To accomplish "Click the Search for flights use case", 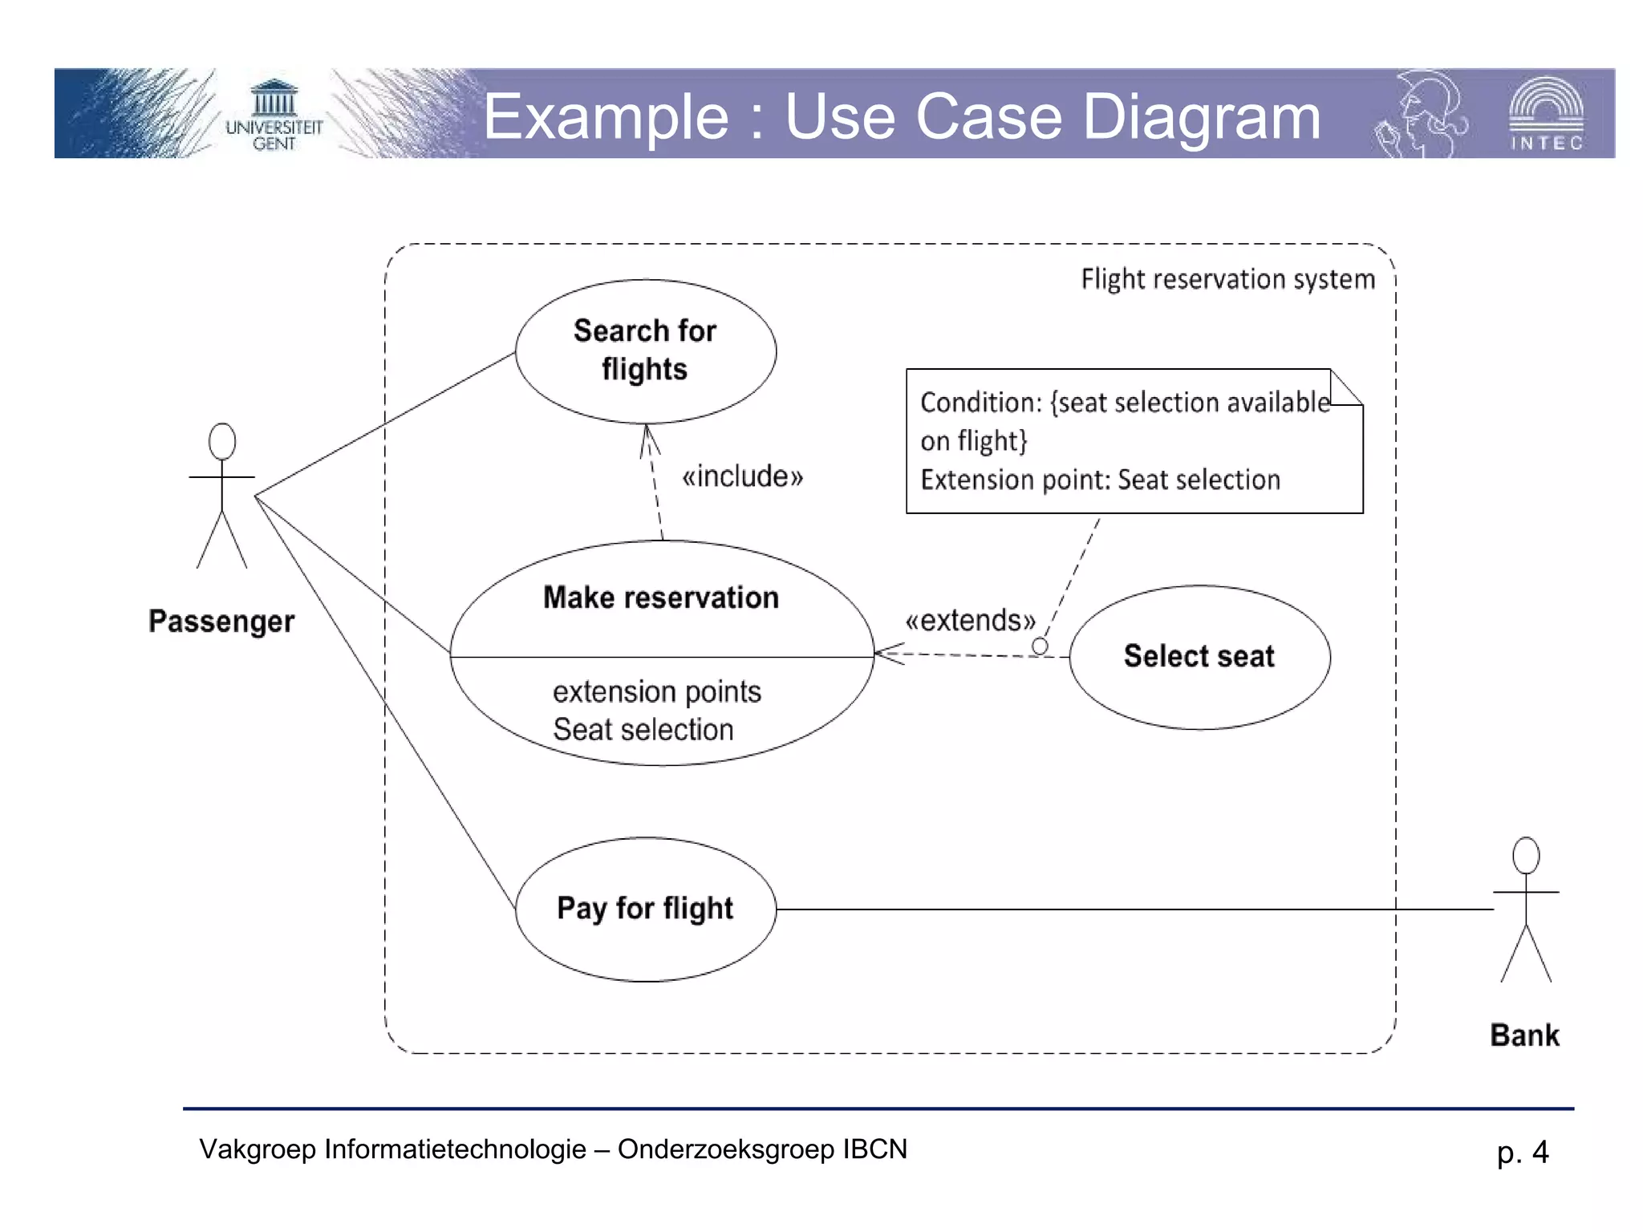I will tap(645, 351).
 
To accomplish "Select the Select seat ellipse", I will tap(1199, 656).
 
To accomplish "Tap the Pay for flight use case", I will tap(645, 908).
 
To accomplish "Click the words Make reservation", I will tap(660, 598).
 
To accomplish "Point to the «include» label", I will tap(742, 476).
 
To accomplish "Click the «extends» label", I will tap(970, 620).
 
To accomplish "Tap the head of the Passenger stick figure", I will tap(222, 441).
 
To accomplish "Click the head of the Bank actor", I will tap(1525, 855).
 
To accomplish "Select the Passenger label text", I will tap(221, 622).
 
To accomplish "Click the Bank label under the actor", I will tap(1524, 1035).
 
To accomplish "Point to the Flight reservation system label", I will tap(1227, 279).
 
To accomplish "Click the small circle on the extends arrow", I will tap(1040, 646).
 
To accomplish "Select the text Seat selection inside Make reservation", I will tap(643, 729).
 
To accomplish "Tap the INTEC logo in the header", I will tap(1546, 114).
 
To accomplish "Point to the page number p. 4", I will tap(1522, 1152).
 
